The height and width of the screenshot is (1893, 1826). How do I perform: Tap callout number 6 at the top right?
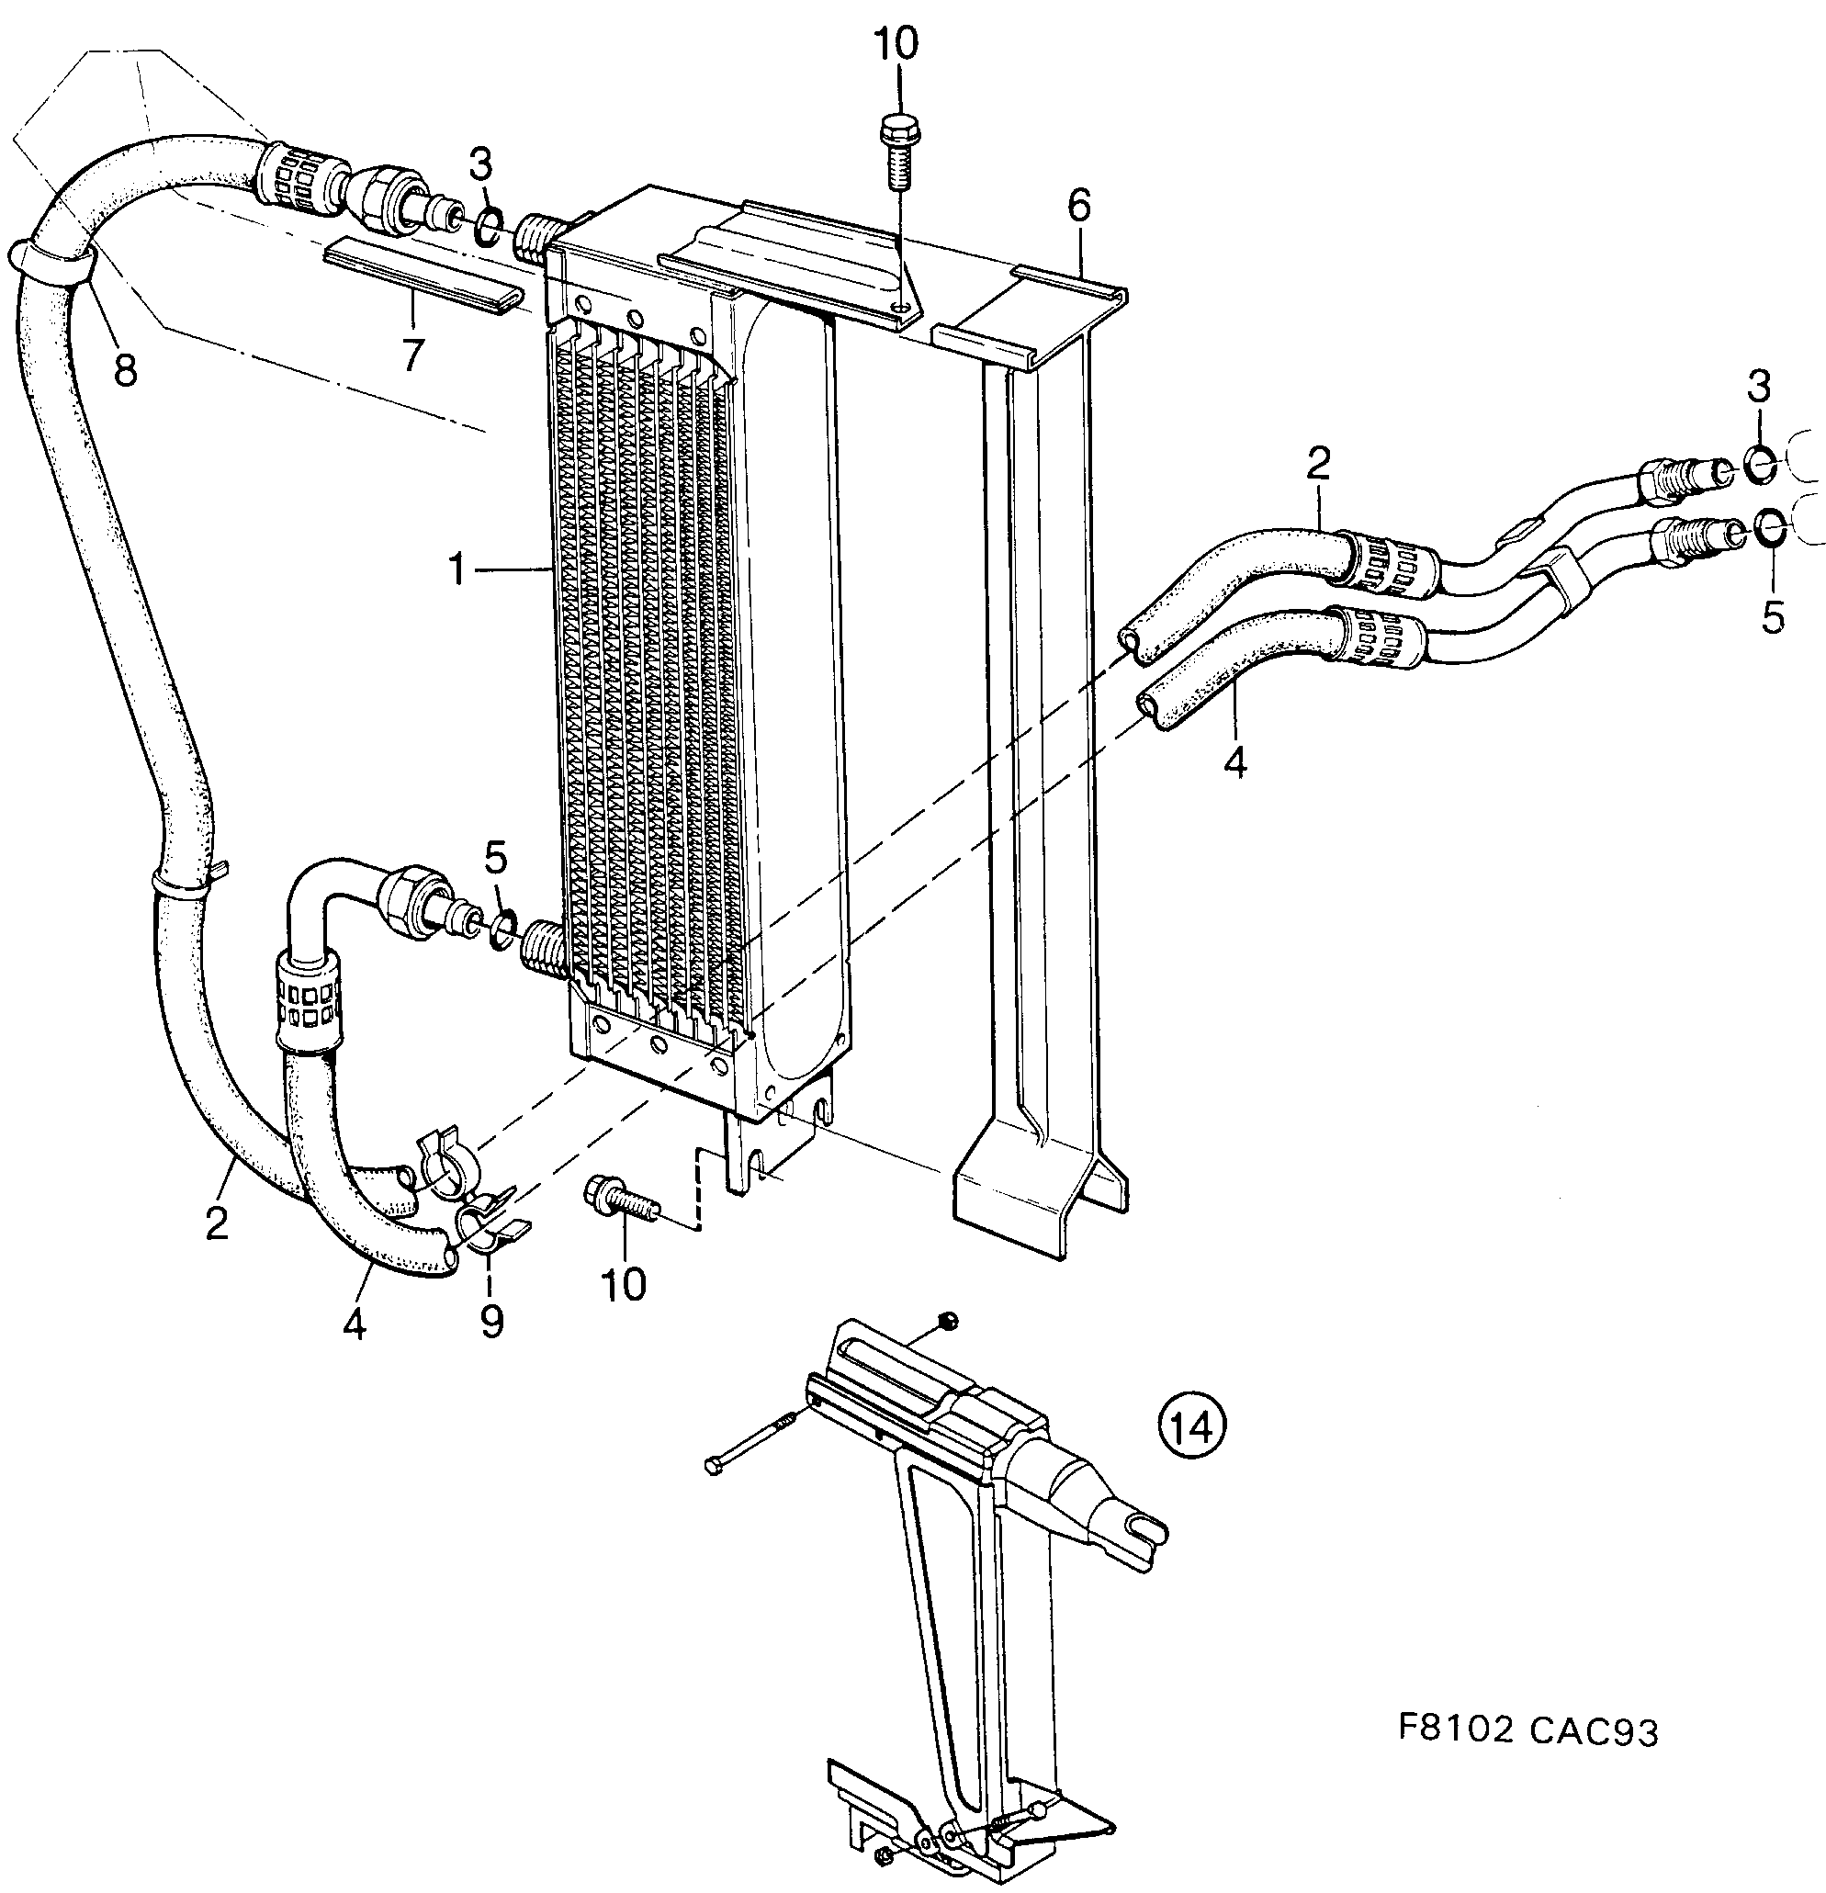pyautogui.click(x=1078, y=205)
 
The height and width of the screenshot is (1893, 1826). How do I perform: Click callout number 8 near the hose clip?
pyautogui.click(x=126, y=368)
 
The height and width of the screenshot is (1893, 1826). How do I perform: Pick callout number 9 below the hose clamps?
pyautogui.click(x=491, y=1321)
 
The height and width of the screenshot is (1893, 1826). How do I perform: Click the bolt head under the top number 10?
pyautogui.click(x=899, y=129)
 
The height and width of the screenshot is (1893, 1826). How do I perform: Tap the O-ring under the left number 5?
pyautogui.click(x=502, y=927)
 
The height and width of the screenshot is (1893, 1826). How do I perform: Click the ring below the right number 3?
pyautogui.click(x=1759, y=464)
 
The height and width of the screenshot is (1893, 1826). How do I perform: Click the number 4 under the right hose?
pyautogui.click(x=1235, y=762)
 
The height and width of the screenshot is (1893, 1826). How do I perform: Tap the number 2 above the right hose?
pyautogui.click(x=1318, y=465)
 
